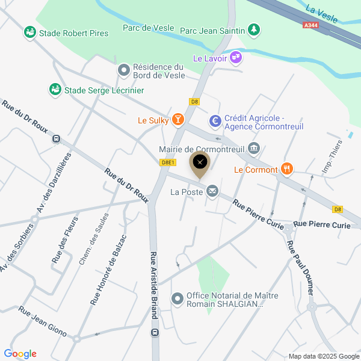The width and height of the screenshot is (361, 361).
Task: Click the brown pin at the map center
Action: [x=200, y=162]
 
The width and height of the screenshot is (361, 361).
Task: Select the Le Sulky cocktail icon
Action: [x=177, y=120]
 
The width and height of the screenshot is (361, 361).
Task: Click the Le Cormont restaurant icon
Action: [x=286, y=170]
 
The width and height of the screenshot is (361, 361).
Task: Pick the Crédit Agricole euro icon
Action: [x=215, y=122]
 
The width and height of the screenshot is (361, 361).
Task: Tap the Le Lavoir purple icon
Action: [x=236, y=58]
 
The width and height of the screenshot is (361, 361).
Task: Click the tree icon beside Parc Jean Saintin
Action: [x=255, y=29]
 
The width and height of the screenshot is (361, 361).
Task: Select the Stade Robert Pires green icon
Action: [x=29, y=32]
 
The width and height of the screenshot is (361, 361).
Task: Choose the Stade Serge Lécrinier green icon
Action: [x=55, y=90]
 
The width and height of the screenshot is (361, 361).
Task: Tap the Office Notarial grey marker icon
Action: [x=177, y=298]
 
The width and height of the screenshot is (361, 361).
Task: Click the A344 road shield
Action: [x=310, y=25]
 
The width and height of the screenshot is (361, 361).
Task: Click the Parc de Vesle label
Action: [x=148, y=28]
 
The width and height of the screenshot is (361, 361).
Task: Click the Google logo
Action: [x=20, y=354]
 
